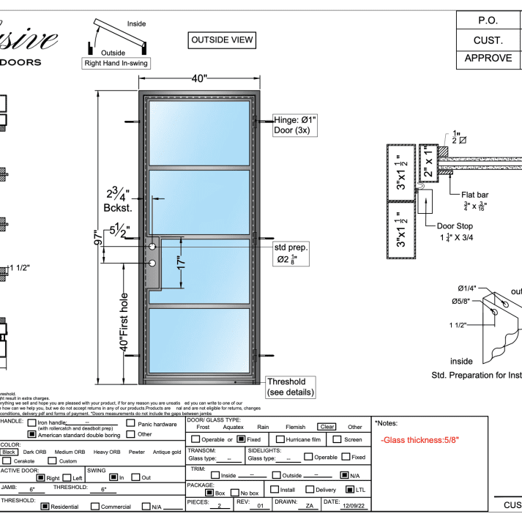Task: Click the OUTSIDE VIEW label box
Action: click(222, 40)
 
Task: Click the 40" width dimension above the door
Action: click(200, 78)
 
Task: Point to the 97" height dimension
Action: click(98, 239)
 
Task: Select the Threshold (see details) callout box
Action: click(291, 387)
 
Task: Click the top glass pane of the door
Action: click(199, 133)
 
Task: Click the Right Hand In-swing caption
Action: click(116, 63)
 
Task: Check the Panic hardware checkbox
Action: click(130, 423)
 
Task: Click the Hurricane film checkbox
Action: click(270, 439)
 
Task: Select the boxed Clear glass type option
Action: click(326, 427)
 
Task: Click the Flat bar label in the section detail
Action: click(476, 195)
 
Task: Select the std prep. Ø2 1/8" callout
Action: click(291, 253)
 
